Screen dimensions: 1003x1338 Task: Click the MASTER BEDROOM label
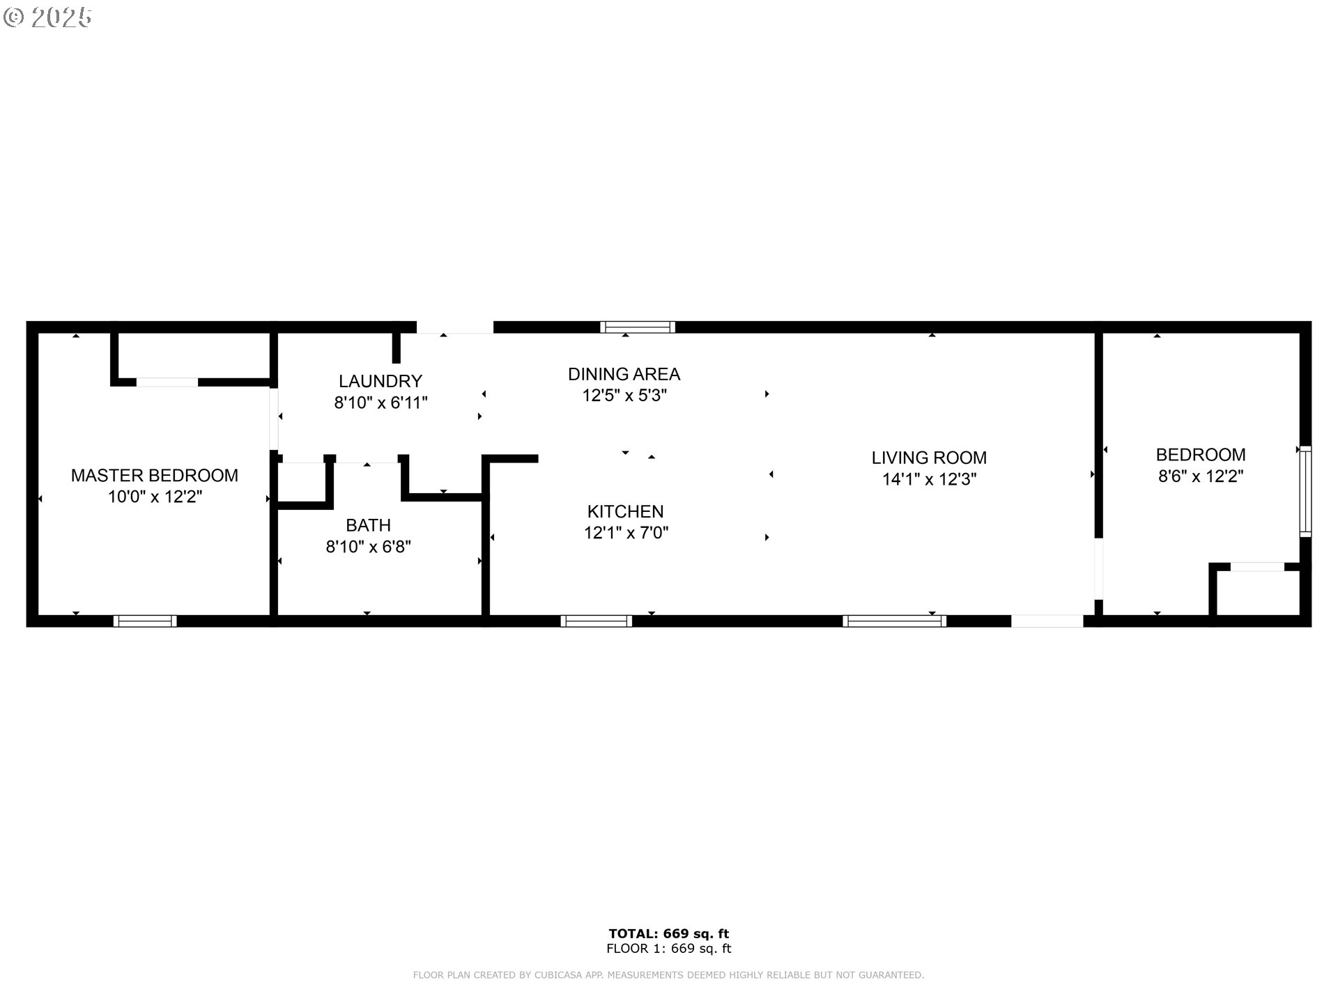click(154, 475)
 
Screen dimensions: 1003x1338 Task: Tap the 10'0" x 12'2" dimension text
click(154, 497)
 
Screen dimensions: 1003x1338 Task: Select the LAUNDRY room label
click(380, 381)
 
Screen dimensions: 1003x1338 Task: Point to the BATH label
click(368, 525)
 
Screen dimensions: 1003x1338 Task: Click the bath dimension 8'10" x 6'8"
click(368, 547)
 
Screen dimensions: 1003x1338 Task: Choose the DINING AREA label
click(624, 374)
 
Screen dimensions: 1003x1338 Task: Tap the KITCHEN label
click(625, 511)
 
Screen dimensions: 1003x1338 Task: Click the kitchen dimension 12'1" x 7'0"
click(625, 533)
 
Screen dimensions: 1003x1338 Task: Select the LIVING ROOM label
click(928, 458)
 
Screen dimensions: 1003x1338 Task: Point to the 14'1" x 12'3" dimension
click(928, 479)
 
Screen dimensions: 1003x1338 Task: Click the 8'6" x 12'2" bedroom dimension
click(1200, 476)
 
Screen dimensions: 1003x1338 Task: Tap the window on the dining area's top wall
click(638, 327)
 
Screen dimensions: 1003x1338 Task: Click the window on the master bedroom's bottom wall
click(145, 621)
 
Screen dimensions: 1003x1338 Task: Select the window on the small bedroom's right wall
click(1305, 491)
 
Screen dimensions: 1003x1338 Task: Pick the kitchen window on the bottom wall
click(596, 621)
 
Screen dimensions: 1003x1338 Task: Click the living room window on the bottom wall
click(894, 621)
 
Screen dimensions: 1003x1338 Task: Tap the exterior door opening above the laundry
click(454, 327)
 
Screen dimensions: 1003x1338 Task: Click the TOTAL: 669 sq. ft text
click(668, 933)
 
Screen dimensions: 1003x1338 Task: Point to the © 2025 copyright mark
click(47, 17)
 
